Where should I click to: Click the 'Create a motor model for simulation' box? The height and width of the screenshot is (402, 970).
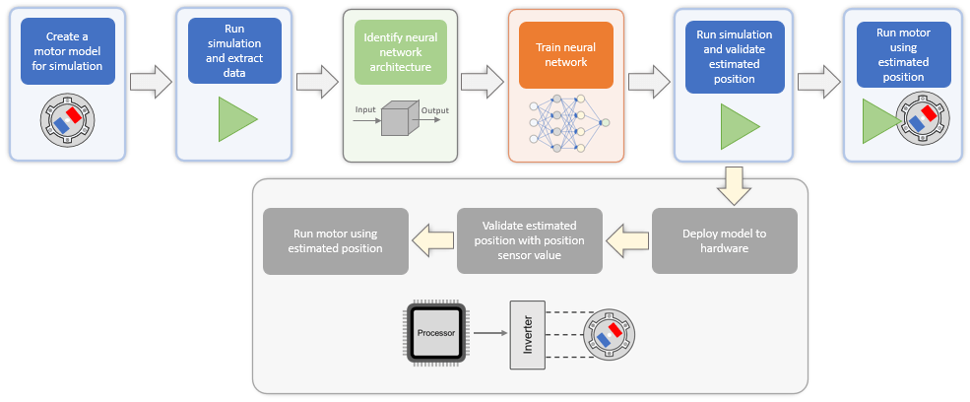pyautogui.click(x=67, y=56)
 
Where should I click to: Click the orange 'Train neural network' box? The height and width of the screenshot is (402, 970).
pyautogui.click(x=566, y=54)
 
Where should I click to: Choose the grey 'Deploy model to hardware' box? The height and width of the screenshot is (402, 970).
pyautogui.click(x=724, y=241)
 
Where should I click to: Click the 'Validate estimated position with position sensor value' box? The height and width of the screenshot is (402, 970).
pyautogui.click(x=529, y=241)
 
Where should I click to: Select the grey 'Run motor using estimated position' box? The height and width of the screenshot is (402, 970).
pyautogui.click(x=336, y=241)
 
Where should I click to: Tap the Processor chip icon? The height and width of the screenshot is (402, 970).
pyautogui.click(x=435, y=333)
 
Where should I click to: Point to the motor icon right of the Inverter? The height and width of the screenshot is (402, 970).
pyautogui.click(x=610, y=334)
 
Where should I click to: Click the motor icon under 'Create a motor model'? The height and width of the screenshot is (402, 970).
pyautogui.click(x=67, y=121)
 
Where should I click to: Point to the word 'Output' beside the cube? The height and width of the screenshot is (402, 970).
pyautogui.click(x=434, y=110)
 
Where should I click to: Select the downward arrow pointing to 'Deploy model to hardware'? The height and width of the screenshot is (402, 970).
pyautogui.click(x=733, y=186)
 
